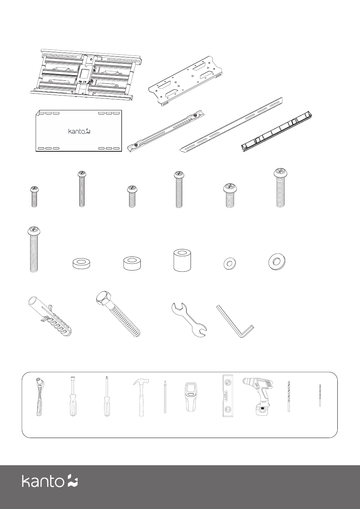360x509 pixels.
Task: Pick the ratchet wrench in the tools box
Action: (x=39, y=397)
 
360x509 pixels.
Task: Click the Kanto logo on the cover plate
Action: (x=79, y=132)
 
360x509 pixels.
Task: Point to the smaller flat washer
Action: (x=230, y=264)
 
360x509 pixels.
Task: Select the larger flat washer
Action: (x=277, y=262)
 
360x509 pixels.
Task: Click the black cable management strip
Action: (x=277, y=131)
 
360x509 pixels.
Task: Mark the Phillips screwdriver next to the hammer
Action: (x=106, y=397)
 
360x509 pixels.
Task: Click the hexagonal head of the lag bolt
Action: (x=104, y=298)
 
